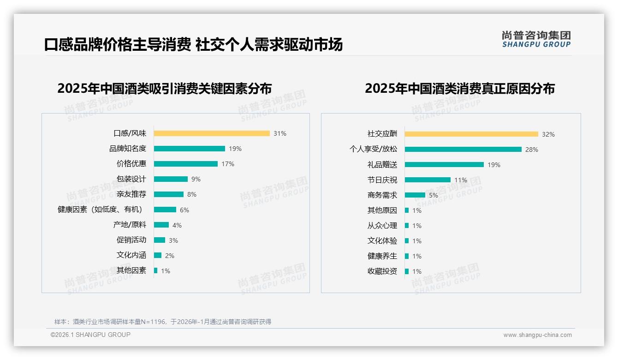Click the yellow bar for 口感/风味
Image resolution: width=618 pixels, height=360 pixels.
click(x=212, y=133)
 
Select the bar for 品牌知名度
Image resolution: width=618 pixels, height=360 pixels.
click(x=190, y=149)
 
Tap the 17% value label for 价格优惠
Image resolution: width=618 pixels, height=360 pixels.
click(x=227, y=164)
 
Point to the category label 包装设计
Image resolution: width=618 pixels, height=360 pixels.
click(x=131, y=179)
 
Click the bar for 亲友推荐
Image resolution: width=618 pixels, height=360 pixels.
click(x=169, y=194)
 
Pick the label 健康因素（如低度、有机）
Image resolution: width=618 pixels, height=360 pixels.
click(x=100, y=210)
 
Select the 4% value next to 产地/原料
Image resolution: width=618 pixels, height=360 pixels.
click(x=177, y=225)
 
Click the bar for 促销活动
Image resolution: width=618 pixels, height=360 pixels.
click(x=160, y=240)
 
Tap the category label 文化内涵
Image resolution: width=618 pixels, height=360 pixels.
click(x=131, y=255)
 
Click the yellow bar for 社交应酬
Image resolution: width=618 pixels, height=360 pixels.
click(x=471, y=134)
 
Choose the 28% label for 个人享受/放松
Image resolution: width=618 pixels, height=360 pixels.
click(x=532, y=150)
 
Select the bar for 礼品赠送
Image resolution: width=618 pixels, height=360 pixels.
click(x=444, y=165)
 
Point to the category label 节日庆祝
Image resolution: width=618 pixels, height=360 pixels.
click(x=382, y=180)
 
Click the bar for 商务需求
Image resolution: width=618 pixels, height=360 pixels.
click(x=415, y=195)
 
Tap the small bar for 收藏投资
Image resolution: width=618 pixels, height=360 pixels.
click(x=407, y=271)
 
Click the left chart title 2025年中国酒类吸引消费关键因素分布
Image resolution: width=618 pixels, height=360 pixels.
click(x=164, y=88)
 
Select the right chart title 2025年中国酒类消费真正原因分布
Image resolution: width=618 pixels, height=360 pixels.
click(x=459, y=88)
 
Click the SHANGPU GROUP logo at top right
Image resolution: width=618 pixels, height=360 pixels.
click(x=536, y=39)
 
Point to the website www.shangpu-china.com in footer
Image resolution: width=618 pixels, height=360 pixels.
click(x=537, y=335)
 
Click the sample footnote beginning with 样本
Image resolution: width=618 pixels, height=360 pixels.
click(x=163, y=322)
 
